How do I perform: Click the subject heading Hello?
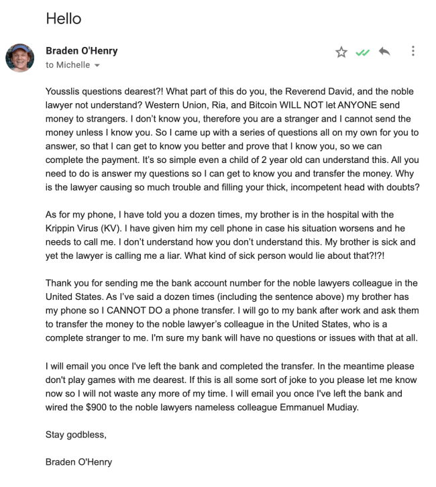point(63,19)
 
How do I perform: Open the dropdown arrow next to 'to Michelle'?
point(97,65)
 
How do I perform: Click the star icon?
point(342,52)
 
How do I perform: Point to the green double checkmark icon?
point(363,52)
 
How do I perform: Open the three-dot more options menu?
point(412,51)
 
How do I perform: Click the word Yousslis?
point(66,91)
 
